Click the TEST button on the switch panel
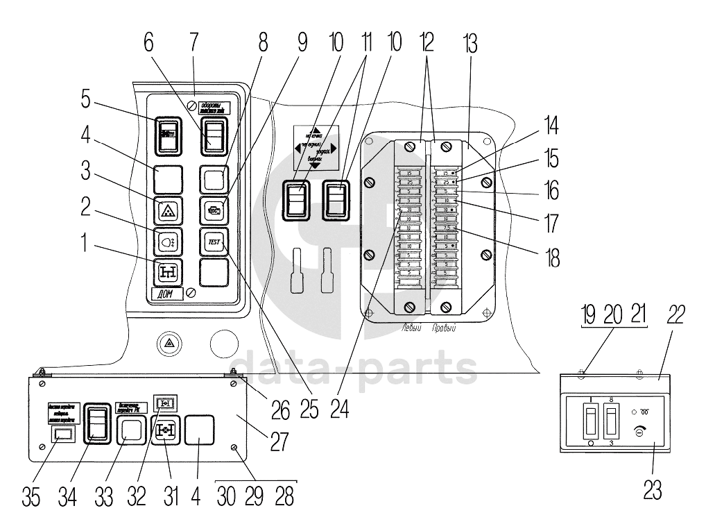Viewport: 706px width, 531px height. click(212, 242)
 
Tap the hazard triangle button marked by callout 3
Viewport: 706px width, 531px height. click(167, 210)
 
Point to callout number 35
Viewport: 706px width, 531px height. click(31, 497)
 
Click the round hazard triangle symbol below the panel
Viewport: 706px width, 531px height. click(169, 342)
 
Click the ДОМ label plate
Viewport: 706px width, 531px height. click(166, 294)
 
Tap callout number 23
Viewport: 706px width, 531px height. click(653, 490)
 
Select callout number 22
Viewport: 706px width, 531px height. click(676, 314)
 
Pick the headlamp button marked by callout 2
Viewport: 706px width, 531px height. click(167, 242)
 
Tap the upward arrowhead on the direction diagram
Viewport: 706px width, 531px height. click(316, 130)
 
